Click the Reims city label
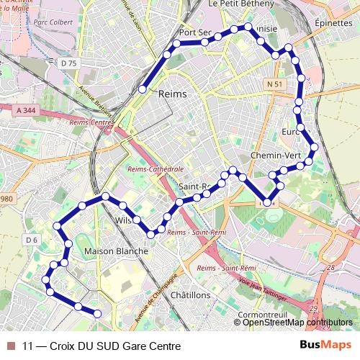[172, 94]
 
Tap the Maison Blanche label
[117, 251]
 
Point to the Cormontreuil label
[264, 315]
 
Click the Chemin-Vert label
[271, 156]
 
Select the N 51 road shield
[273, 84]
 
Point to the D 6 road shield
[31, 240]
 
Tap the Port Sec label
[195, 33]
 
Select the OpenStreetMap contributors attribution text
[298, 323]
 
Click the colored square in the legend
[11, 346]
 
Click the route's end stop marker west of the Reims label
[143, 89]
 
